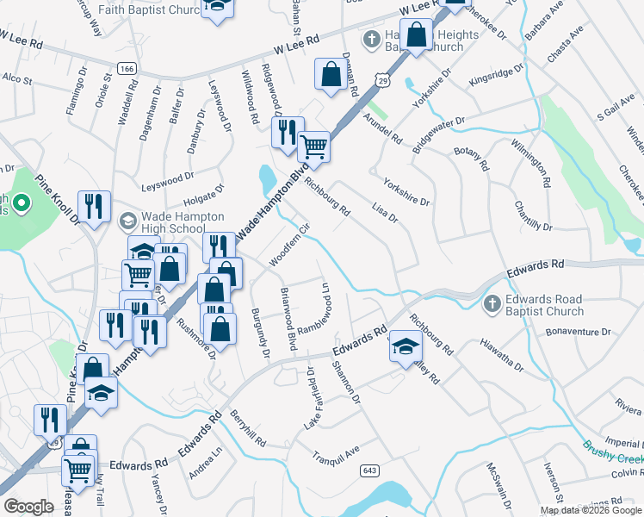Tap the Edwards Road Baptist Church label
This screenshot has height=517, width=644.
click(x=546, y=305)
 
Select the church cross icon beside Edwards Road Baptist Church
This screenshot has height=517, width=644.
click(x=492, y=303)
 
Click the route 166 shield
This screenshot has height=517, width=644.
click(x=127, y=67)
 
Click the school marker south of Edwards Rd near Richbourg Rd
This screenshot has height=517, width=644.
click(x=405, y=346)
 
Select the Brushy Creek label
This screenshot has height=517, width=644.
click(x=611, y=457)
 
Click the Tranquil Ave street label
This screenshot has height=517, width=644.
click(x=335, y=453)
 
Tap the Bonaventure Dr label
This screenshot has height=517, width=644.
click(x=582, y=331)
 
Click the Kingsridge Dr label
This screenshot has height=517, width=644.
click(x=496, y=73)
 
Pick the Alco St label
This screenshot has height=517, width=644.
click(x=17, y=78)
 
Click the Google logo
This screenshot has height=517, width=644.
click(x=28, y=507)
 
